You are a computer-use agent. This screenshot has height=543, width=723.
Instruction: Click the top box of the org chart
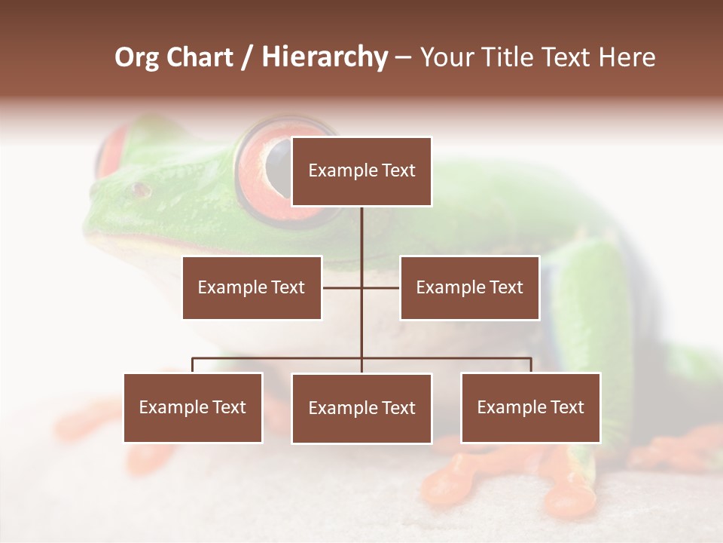click(361, 171)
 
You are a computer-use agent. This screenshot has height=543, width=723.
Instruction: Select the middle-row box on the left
click(252, 287)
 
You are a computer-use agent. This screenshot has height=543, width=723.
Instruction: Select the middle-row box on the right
click(469, 287)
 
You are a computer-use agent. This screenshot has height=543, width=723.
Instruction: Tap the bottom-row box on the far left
click(193, 407)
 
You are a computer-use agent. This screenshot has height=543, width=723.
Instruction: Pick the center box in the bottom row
click(361, 408)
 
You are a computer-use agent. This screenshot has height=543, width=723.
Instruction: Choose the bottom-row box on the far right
click(530, 407)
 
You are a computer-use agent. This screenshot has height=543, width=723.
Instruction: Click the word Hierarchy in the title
click(325, 57)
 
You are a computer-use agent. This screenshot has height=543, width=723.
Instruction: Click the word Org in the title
click(136, 57)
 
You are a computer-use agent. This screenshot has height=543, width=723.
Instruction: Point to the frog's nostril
click(139, 189)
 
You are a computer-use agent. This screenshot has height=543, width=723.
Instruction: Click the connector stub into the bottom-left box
click(193, 365)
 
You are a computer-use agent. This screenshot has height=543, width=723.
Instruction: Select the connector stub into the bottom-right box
click(531, 365)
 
